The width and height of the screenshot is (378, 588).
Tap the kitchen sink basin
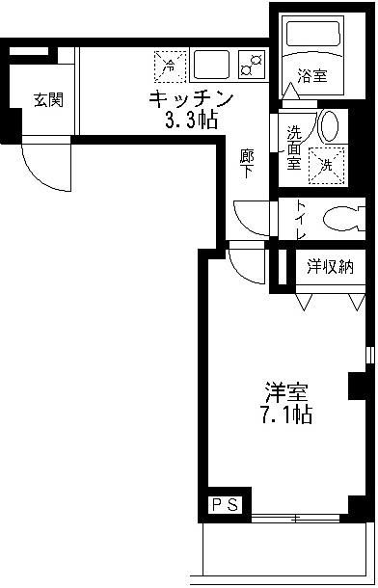(x=210, y=64)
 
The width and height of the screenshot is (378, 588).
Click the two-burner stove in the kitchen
(x=253, y=65)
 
